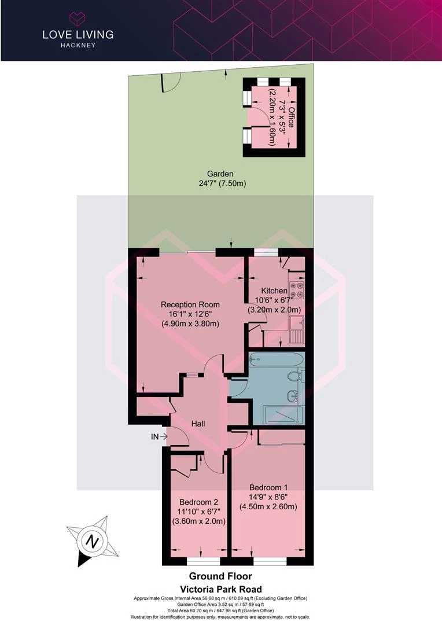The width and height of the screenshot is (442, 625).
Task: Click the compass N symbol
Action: [x=91, y=542]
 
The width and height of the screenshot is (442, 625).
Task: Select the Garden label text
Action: [x=220, y=174]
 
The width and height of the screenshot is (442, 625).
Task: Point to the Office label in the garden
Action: [x=291, y=117]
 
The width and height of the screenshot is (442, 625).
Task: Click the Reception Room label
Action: [x=190, y=304]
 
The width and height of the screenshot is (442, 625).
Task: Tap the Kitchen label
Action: [x=274, y=291]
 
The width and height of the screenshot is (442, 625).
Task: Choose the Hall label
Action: [x=198, y=424]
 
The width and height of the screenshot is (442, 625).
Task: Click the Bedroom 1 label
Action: [x=268, y=487]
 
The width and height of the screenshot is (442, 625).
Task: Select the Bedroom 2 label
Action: [x=198, y=502]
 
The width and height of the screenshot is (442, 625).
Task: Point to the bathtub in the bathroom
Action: [x=276, y=359]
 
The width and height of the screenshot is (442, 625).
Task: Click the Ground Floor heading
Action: [x=220, y=576]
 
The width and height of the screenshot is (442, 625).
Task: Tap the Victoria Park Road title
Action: [x=220, y=588]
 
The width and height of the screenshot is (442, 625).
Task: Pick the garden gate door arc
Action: [x=169, y=84]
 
